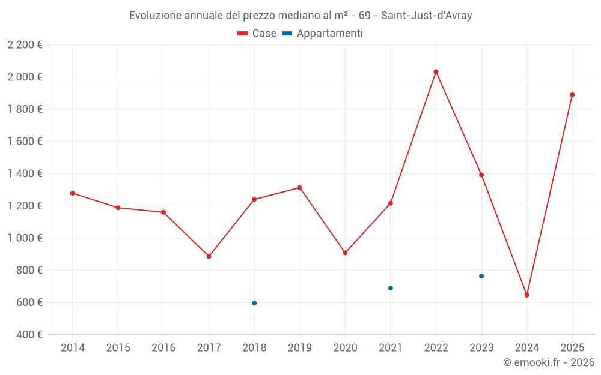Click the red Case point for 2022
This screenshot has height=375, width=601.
[436, 72]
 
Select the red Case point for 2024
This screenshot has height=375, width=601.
[526, 295]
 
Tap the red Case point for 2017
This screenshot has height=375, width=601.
[209, 256]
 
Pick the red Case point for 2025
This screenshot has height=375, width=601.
[572, 95]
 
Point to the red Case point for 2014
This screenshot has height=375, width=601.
[73, 193]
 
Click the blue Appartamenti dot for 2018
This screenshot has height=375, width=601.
[254, 303]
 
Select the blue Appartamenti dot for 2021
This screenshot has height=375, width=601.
[391, 288]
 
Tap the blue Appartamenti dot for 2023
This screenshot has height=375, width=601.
[481, 276]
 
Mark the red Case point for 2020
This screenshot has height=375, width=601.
[345, 253]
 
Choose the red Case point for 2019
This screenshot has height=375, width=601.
[299, 188]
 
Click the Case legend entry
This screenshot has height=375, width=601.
[257, 34]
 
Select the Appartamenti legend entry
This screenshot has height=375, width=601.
[323, 34]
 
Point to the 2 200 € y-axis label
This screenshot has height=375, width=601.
[25, 44]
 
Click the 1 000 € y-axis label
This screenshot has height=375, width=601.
[25, 238]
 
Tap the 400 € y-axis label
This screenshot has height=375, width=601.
[28, 335]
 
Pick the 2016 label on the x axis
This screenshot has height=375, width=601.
[163, 348]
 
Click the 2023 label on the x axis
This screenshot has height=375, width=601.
[481, 348]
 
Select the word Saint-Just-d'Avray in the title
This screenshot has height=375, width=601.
[426, 16]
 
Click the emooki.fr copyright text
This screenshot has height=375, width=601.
[549, 362]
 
